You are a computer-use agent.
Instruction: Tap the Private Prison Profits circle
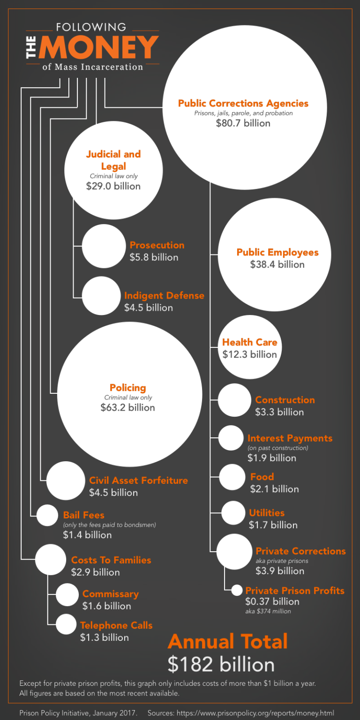tap(237, 590)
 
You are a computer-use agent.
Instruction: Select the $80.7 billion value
tap(243, 123)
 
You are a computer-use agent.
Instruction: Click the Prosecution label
tap(157, 245)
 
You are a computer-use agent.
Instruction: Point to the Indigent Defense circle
tap(101, 296)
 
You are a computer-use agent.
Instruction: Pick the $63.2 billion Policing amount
tap(127, 407)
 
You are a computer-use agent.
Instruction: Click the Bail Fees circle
tap(47, 515)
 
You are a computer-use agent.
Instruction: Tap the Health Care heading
tap(249, 342)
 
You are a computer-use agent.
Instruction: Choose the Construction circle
tap(234, 400)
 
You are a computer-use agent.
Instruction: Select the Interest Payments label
tap(290, 438)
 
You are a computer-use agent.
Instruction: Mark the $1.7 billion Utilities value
tap(273, 525)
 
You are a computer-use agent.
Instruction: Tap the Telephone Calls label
tap(116, 625)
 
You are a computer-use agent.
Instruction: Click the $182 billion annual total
tap(221, 664)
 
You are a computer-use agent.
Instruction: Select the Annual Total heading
tap(228, 641)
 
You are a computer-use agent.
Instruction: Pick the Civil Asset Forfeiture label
tap(138, 480)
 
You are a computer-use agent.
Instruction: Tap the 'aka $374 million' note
tap(268, 611)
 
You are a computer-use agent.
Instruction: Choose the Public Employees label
tap(277, 252)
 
